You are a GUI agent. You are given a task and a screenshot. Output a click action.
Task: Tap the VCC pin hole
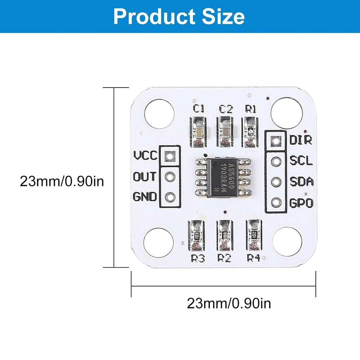pos(169,156)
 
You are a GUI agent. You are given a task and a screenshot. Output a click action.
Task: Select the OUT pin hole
pos(169,177)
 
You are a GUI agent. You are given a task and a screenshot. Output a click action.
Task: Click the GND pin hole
pos(169,197)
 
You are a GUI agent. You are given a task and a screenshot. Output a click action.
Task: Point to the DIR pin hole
pos(276,141)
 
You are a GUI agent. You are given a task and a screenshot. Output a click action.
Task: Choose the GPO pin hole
pos(276,202)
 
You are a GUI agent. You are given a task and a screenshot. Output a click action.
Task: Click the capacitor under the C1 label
pos(198,132)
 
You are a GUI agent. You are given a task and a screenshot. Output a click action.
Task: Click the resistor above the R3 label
pos(197,236)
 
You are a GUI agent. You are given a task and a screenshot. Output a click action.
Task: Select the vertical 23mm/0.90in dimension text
pos(62,181)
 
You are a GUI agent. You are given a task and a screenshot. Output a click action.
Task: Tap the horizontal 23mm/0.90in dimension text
pos(229,303)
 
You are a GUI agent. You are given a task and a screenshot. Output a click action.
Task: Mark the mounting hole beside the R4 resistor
pos(287,241)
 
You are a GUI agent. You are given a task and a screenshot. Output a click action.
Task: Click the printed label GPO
pos(301,203)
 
